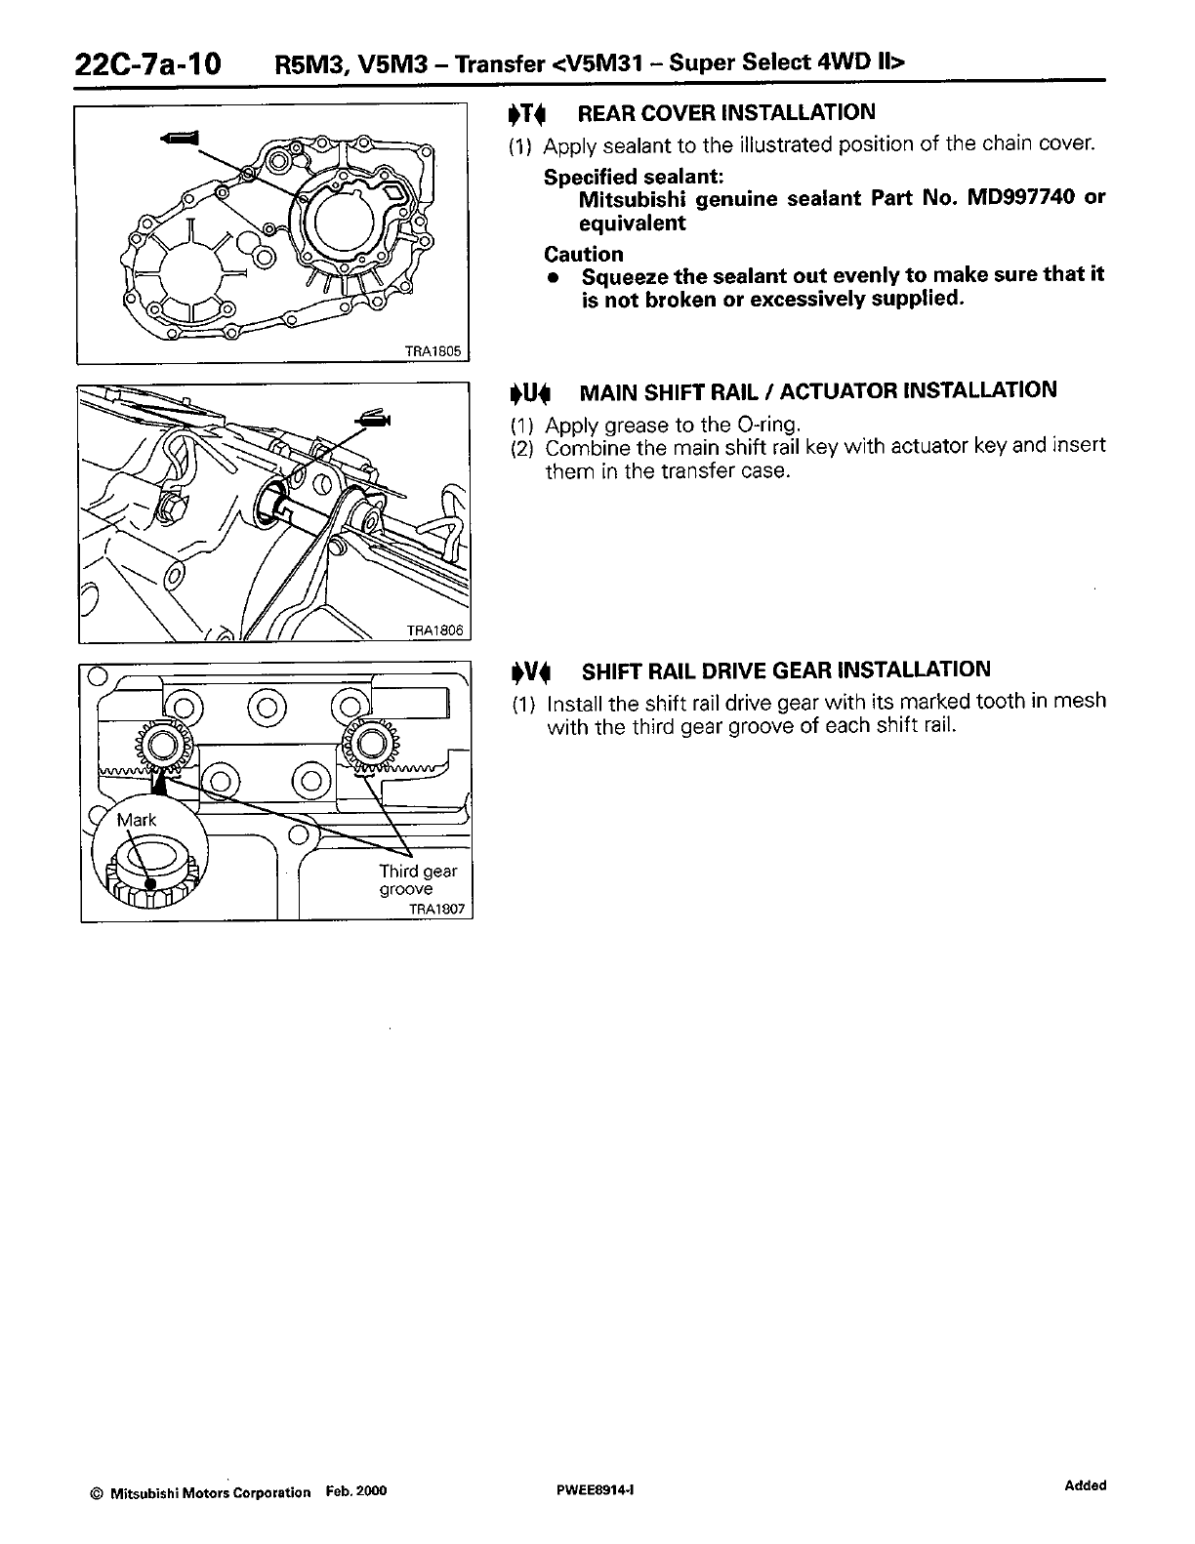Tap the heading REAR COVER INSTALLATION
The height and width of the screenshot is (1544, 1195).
tap(726, 112)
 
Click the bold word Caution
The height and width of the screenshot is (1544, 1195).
tap(583, 255)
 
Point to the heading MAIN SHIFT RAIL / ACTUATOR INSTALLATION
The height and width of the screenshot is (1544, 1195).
tap(817, 391)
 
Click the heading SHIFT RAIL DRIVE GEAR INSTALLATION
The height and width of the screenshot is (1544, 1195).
tap(785, 670)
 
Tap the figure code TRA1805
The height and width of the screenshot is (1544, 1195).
tap(444, 352)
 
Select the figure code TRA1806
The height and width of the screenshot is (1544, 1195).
tap(437, 631)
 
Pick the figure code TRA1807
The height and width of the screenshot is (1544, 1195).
tap(439, 910)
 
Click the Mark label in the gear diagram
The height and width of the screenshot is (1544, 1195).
tap(136, 820)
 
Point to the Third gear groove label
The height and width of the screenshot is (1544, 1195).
tap(417, 880)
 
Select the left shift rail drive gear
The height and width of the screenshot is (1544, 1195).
tap(164, 747)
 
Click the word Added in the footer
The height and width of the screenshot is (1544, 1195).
tap(1085, 1486)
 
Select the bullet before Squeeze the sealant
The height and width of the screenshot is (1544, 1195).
tap(553, 277)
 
